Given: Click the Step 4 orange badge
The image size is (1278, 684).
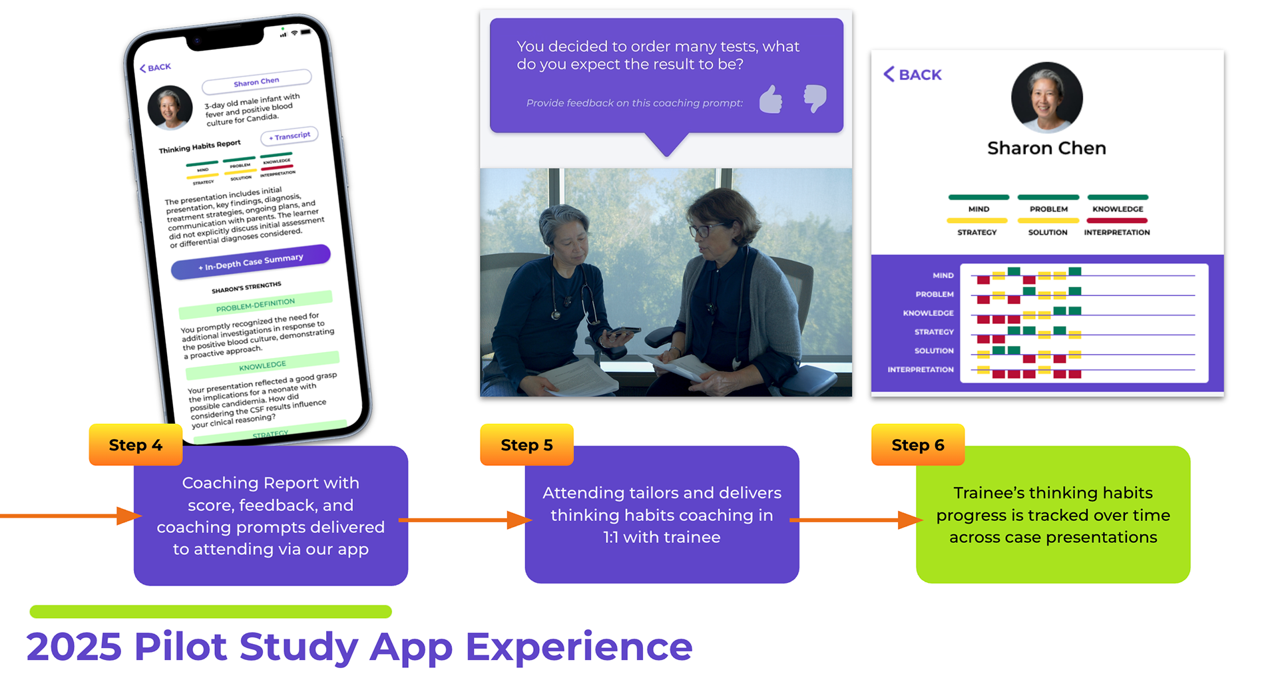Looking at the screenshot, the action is [x=135, y=444].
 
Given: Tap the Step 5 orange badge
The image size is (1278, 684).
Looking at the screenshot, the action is [x=527, y=444].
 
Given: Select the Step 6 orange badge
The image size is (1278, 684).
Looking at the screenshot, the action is [x=918, y=444].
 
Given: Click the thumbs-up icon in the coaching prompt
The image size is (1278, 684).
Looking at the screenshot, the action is [x=771, y=100].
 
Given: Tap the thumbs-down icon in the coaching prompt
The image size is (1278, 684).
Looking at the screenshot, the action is [x=815, y=98].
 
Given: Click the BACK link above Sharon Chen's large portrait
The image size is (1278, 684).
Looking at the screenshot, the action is [x=913, y=75].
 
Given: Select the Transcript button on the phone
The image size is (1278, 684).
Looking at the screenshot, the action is [x=290, y=136].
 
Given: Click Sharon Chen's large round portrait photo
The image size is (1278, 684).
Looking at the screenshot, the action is [x=1046, y=97].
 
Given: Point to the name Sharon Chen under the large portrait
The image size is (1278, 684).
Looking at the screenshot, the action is [x=1046, y=148].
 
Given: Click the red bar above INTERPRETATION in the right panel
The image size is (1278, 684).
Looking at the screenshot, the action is [x=1117, y=220].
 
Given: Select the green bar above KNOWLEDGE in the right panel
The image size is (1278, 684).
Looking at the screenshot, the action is [x=1118, y=197].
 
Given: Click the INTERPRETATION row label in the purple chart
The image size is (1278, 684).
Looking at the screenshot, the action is [x=921, y=369].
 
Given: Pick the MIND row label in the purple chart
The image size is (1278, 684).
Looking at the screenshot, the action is [x=943, y=275].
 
